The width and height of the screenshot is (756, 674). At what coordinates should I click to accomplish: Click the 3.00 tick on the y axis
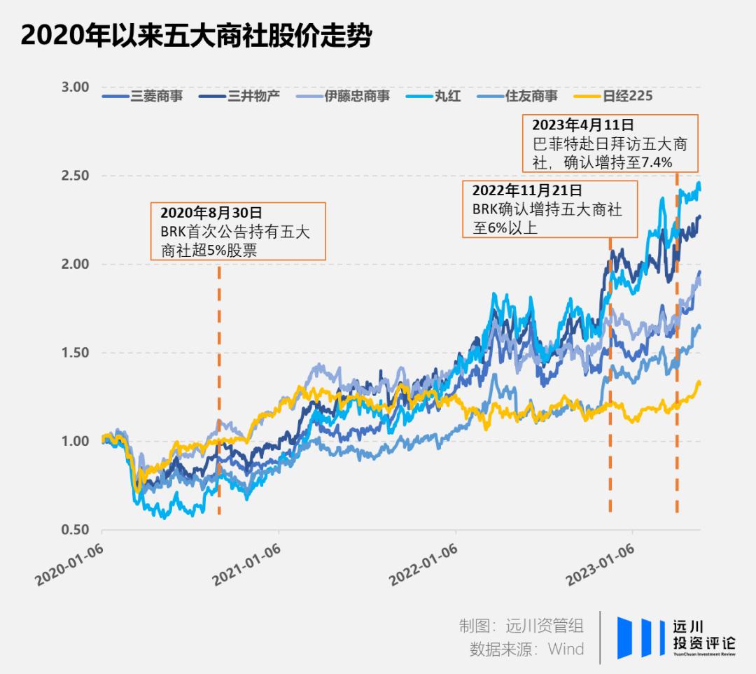pos(75,87)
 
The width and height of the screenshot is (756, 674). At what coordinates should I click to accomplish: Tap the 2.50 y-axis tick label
pos(75,176)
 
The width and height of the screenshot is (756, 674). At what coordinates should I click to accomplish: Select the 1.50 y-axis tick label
pos(75,353)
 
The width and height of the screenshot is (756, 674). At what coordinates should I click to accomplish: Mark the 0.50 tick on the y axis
pos(75,530)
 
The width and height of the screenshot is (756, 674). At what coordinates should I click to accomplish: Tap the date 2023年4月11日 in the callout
pos(582,125)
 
